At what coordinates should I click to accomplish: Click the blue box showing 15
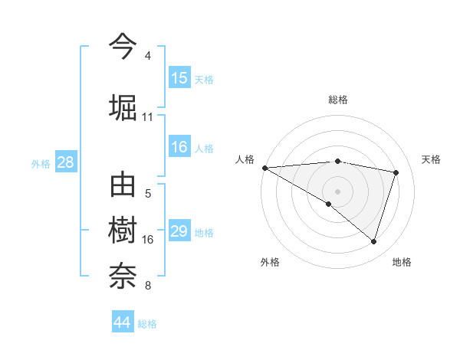[179, 78]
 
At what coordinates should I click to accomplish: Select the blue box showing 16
[179, 147]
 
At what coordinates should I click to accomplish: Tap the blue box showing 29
[179, 231]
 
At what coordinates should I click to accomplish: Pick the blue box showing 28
[65, 162]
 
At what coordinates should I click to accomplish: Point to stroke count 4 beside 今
[148, 56]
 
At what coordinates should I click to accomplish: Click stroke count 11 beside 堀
[148, 117]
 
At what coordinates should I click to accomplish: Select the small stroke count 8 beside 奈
[148, 286]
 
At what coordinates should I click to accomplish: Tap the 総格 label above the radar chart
[338, 100]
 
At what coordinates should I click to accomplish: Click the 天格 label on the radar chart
[432, 159]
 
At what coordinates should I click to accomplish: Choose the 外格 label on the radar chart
[270, 262]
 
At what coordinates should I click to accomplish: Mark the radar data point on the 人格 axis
[265, 168]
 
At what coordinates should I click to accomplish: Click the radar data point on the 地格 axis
[373, 242]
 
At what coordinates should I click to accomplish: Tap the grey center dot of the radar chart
[337, 191]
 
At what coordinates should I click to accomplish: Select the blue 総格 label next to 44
[147, 324]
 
